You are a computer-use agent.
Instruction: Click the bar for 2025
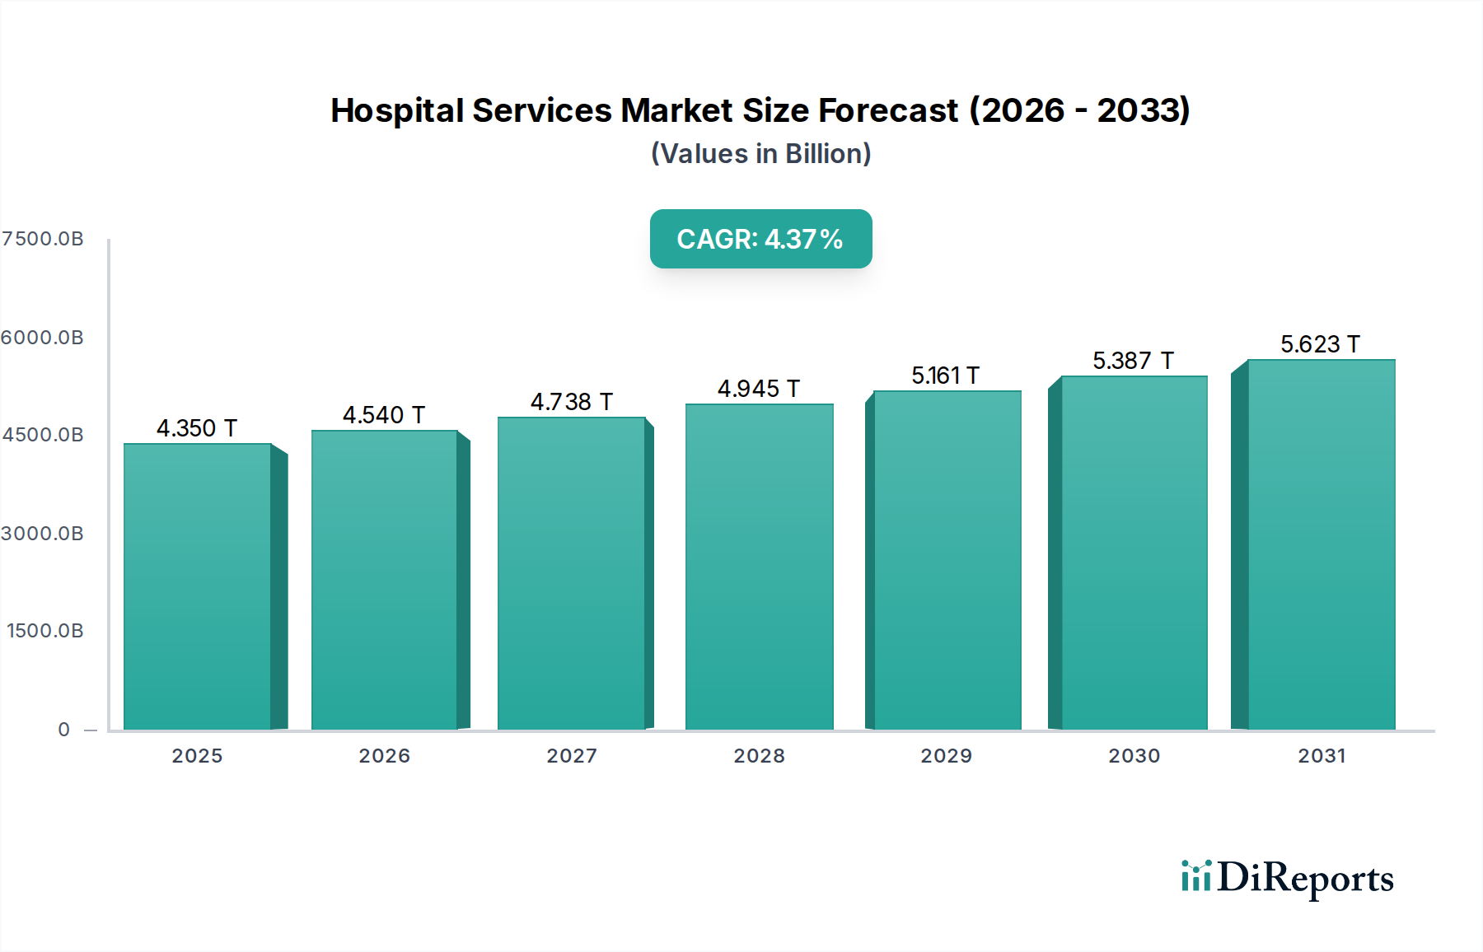(198, 586)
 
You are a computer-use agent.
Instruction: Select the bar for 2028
(759, 567)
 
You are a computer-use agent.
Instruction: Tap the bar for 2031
(1321, 544)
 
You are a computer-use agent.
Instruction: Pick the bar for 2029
(947, 560)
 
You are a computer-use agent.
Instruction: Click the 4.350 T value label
(197, 428)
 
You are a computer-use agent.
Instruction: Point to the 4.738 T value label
(571, 402)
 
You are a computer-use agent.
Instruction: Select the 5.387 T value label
(1133, 361)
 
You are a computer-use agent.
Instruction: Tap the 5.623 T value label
(1320, 344)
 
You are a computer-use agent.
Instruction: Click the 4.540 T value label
(384, 415)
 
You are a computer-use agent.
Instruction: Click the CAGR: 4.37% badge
(760, 239)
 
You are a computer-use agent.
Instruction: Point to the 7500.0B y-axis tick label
(43, 239)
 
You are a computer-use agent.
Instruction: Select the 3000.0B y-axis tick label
(43, 534)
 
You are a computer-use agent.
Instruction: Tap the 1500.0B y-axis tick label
(45, 631)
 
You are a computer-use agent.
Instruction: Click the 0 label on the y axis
(64, 730)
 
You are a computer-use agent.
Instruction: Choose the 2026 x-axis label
(384, 756)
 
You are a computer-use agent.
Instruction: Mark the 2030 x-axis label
(1134, 756)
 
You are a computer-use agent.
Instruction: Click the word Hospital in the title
(397, 110)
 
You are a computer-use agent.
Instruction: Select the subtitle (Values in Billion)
(760, 154)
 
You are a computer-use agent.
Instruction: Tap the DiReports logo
(1287, 878)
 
